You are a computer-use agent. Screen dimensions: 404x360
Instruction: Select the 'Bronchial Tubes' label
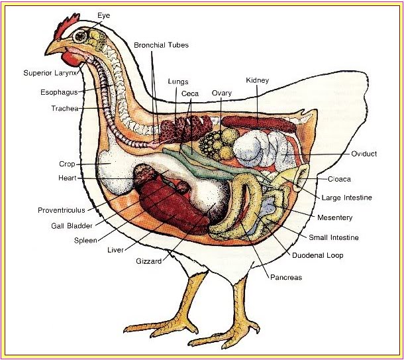point(161,45)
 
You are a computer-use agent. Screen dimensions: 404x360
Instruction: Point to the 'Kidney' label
point(257,80)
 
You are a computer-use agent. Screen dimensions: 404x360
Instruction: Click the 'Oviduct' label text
point(364,154)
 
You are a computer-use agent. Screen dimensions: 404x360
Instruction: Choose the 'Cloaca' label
point(339,179)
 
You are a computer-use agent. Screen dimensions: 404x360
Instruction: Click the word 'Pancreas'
point(285,278)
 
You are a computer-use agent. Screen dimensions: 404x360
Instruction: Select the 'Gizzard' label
point(148,261)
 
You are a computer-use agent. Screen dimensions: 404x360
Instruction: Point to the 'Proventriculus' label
point(62,210)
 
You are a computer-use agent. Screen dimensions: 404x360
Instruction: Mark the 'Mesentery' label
point(334,217)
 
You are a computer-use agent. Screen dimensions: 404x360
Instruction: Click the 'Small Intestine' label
point(334,237)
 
